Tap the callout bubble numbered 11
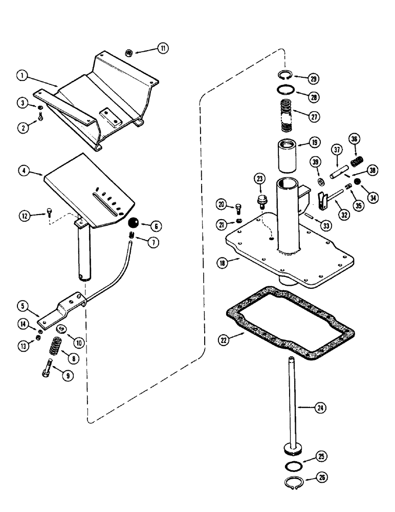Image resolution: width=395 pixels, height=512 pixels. (162, 48)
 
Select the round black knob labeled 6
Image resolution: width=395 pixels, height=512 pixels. (135, 223)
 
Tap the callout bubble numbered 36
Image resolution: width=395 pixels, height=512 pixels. (354, 138)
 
